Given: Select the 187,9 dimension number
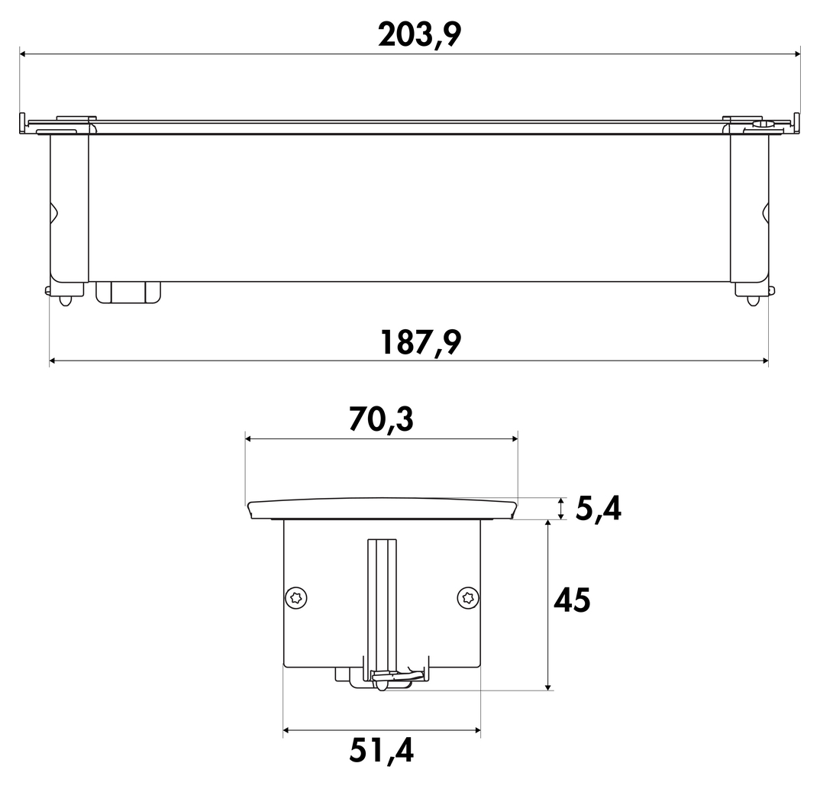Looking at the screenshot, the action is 421,343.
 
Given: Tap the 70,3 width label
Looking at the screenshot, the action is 381,419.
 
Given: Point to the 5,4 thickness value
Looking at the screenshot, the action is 599,509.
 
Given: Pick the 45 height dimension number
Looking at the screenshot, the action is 572,600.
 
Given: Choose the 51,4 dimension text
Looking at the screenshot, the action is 382,752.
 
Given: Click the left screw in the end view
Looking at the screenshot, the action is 296,598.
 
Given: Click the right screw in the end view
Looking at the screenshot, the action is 468,598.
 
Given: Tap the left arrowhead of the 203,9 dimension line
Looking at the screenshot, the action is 24,53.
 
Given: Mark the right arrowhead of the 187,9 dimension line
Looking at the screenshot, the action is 764,361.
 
